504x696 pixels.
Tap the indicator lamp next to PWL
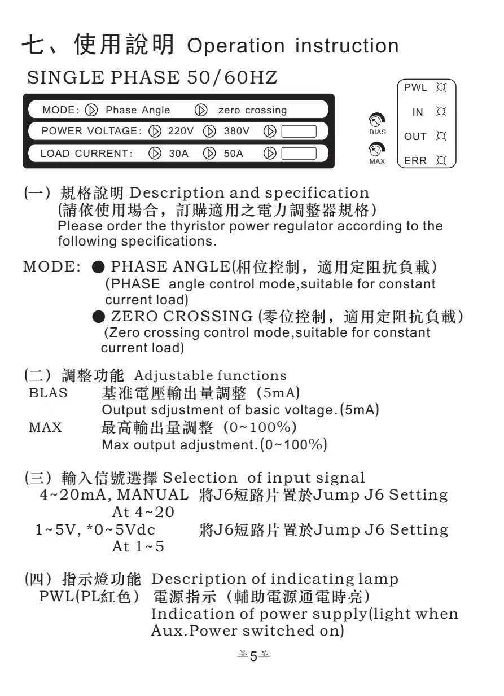coord(442,88)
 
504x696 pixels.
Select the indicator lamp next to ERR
coord(442,161)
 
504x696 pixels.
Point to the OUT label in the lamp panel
coord(415,137)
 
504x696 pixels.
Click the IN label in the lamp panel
coord(418,112)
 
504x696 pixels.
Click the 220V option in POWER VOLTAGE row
coord(181,132)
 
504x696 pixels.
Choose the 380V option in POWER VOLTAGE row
coord(236,132)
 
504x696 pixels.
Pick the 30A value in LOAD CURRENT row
coord(179,153)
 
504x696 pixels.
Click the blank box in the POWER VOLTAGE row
coord(298,132)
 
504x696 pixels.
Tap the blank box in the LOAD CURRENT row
coord(298,153)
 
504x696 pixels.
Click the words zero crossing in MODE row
coord(252,110)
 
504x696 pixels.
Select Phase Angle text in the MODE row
coord(138,110)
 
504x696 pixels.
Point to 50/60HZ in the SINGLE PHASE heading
coord(232,78)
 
